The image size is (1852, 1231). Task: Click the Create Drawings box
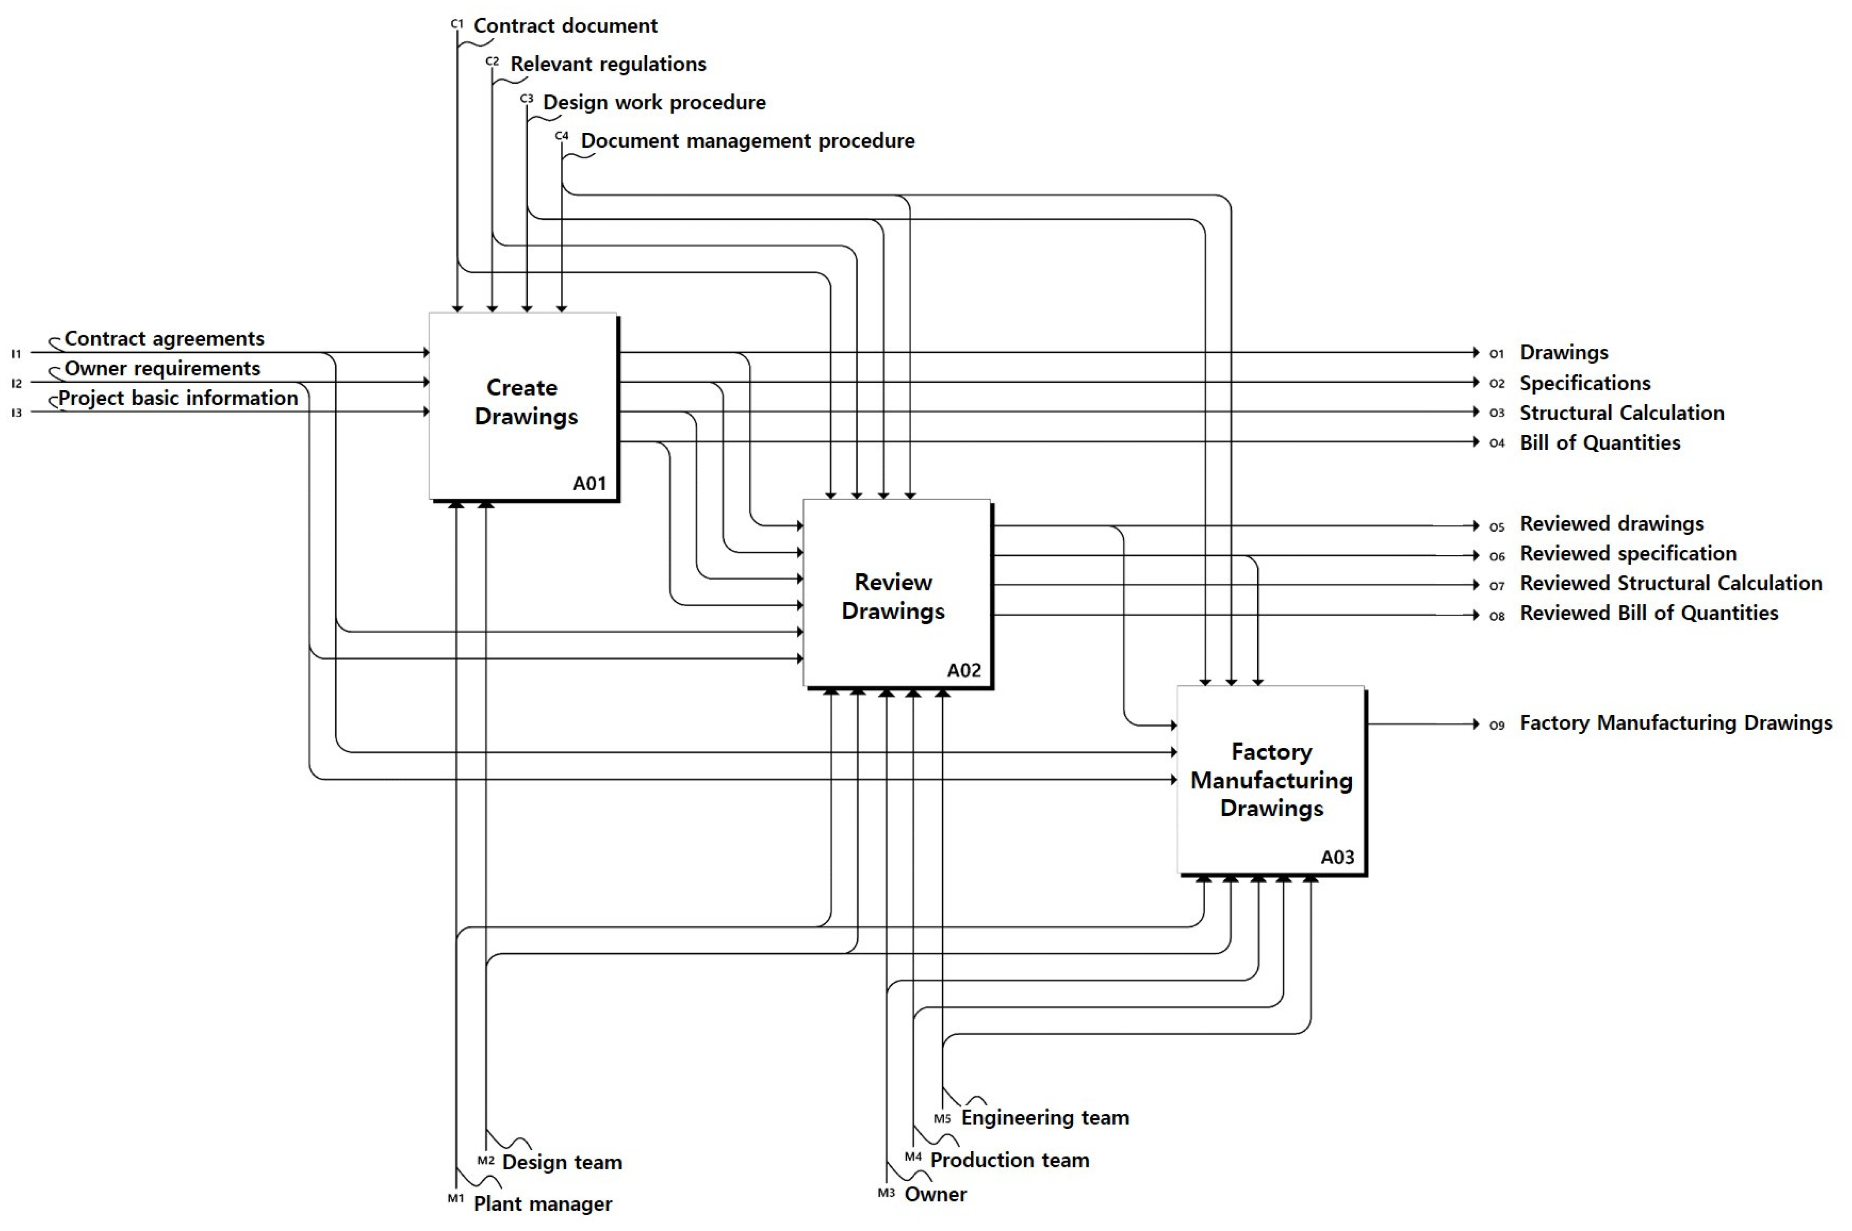point(523,407)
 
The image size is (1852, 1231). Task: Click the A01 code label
point(589,484)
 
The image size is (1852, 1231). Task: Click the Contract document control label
point(565,26)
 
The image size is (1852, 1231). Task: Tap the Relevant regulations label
point(608,64)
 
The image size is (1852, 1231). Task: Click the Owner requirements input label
point(162,368)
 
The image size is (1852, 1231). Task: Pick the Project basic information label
point(178,398)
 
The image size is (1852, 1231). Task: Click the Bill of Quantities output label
point(1600,443)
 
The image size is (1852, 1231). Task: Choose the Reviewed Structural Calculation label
point(1671,583)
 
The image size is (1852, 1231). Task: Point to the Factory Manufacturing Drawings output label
point(1676,723)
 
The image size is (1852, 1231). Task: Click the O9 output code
point(1497,725)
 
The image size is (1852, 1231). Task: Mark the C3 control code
point(526,99)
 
